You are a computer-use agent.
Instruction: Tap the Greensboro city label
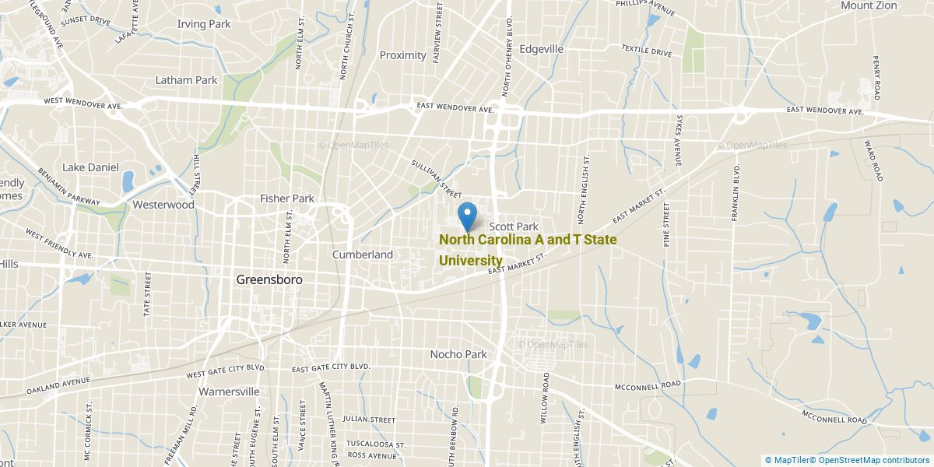[x=269, y=279]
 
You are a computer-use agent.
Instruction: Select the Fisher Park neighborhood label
[x=287, y=198]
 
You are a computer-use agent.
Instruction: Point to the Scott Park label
[x=514, y=226]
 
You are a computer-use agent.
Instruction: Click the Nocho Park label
[x=458, y=354]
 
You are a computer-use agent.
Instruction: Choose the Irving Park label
[x=204, y=24]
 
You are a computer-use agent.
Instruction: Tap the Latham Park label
[x=186, y=80]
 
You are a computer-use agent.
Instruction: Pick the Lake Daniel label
[x=91, y=167]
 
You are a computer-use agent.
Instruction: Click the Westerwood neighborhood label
[x=163, y=205]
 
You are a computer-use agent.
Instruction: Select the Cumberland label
[x=363, y=255]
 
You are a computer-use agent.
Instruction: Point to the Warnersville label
[x=228, y=392]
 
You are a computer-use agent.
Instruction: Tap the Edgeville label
[x=541, y=48]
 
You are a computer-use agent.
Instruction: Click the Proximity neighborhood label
[x=402, y=55]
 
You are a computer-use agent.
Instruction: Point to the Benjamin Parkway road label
[x=69, y=187]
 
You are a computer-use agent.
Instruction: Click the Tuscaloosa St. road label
[x=377, y=444]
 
